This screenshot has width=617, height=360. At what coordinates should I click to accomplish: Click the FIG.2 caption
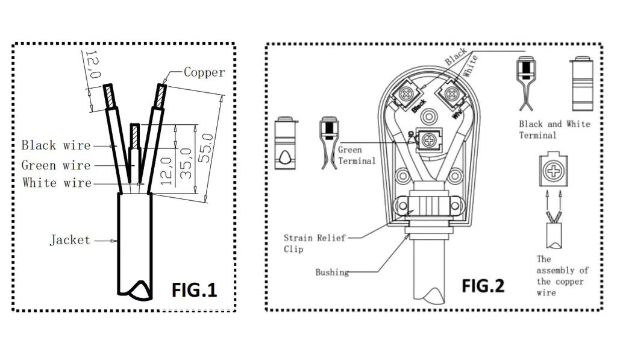[483, 285]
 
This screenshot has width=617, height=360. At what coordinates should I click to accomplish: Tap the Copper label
[204, 73]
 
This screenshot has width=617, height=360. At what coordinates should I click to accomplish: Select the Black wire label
[55, 145]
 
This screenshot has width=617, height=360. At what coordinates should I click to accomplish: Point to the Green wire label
[55, 165]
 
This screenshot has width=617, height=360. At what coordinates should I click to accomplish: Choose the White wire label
[57, 183]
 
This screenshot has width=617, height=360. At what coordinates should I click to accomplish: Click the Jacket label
[70, 240]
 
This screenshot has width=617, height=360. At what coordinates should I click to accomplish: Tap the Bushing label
[332, 273]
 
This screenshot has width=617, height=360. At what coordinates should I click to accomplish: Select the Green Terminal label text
[356, 155]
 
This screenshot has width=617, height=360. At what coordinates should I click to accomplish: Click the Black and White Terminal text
[554, 130]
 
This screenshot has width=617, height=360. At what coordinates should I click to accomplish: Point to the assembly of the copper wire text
[562, 276]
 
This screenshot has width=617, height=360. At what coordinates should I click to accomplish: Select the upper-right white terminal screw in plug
[451, 93]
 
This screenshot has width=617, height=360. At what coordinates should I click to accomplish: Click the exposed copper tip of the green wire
[135, 134]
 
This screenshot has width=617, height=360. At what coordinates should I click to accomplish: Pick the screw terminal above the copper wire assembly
[552, 171]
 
